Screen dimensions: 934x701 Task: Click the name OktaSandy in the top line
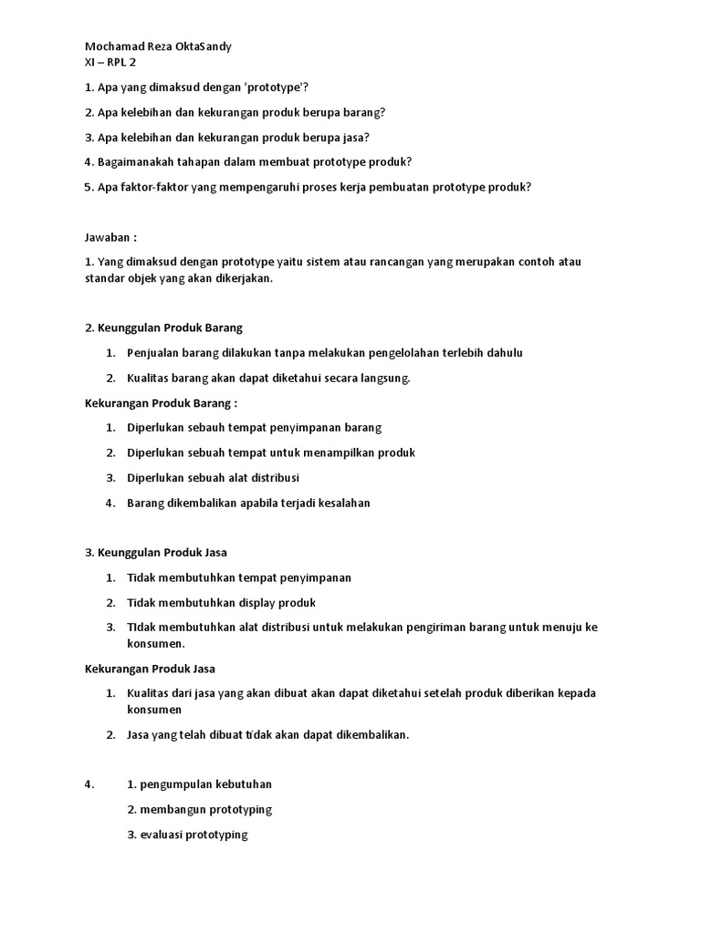click(212, 47)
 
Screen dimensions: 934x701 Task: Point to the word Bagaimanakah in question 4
click(138, 162)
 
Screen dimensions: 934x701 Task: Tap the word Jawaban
click(109, 237)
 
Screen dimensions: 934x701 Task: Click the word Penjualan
click(155, 353)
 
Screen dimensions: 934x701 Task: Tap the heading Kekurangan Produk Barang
click(161, 402)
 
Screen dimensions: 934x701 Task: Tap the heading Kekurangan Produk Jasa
click(150, 669)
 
